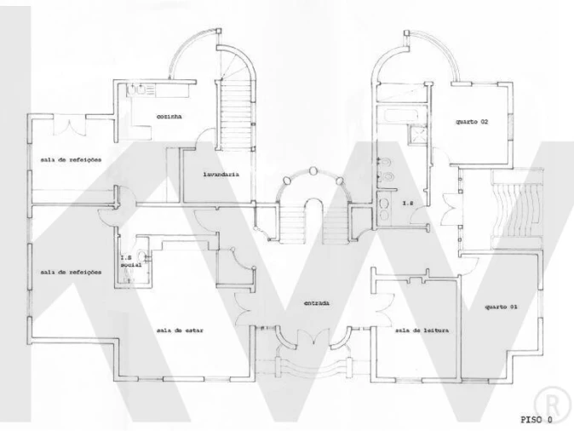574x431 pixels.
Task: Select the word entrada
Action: [316, 302]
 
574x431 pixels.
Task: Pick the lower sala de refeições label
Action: [71, 272]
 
